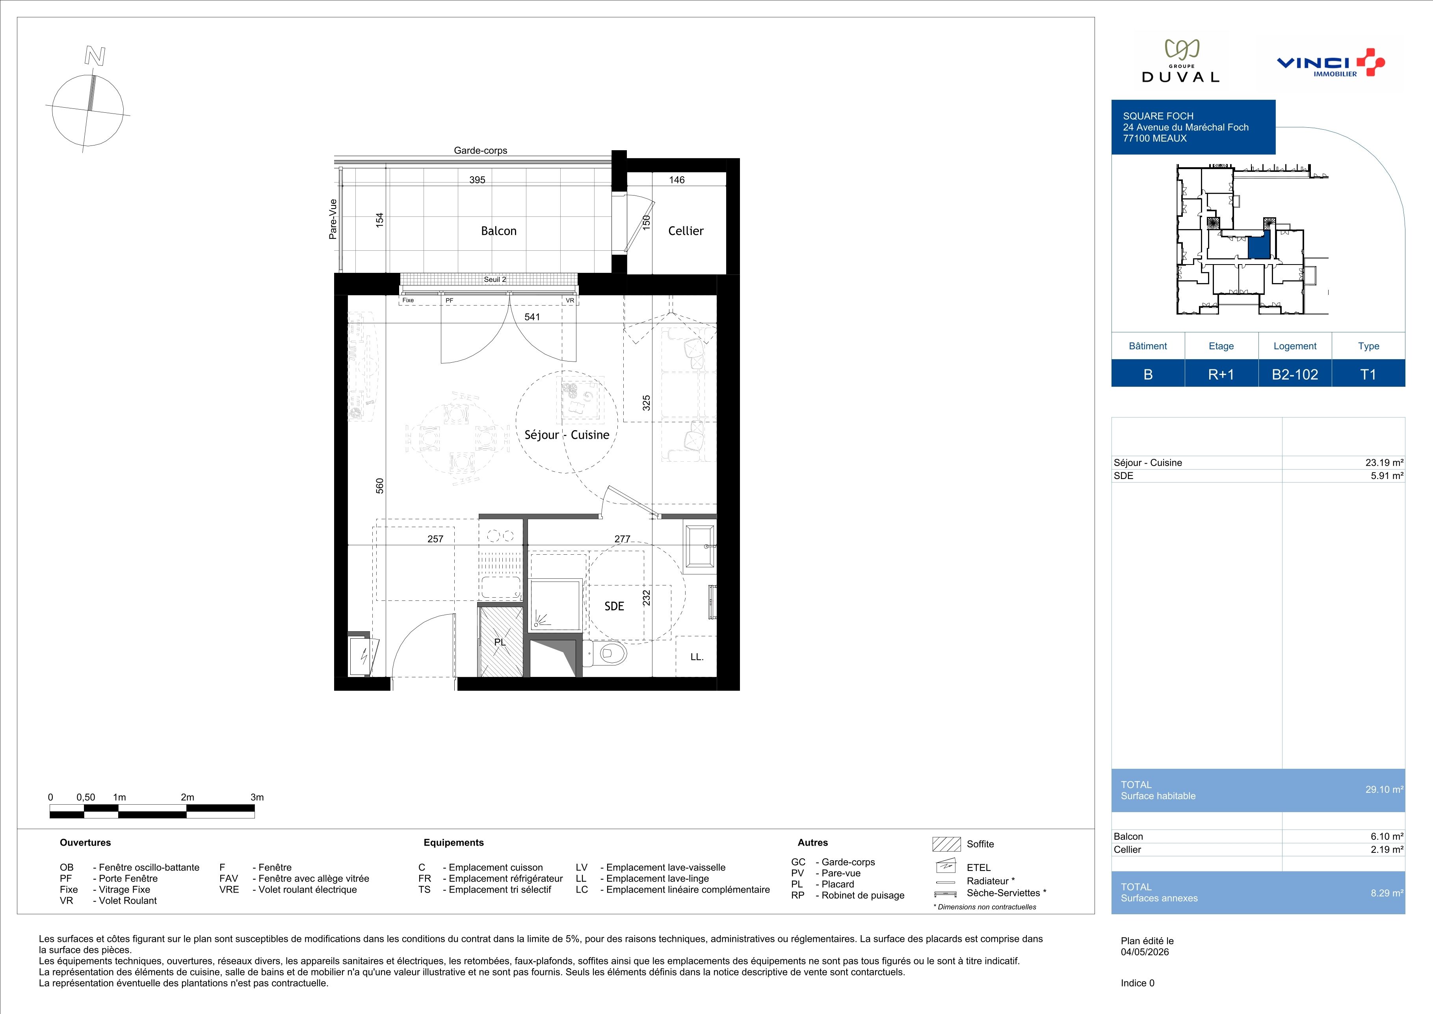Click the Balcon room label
(499, 231)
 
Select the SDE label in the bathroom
(614, 606)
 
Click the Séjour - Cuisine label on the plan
(567, 434)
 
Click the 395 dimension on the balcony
(478, 180)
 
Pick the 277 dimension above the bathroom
(622, 539)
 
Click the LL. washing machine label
(697, 657)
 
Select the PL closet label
(500, 642)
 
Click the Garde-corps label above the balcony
(481, 151)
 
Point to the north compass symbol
(88, 103)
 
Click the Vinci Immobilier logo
(1331, 63)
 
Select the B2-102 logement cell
(1295, 374)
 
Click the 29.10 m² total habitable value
(1384, 790)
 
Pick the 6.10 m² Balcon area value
(1387, 837)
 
